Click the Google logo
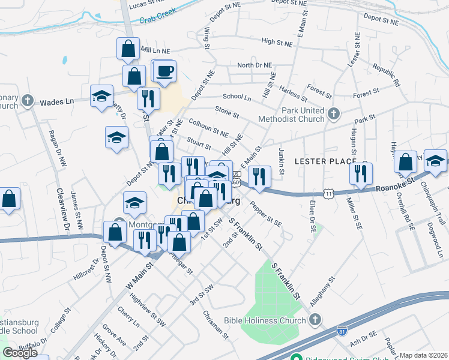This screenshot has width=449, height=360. (x=20, y=353)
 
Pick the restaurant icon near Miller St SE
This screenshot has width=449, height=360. (x=361, y=174)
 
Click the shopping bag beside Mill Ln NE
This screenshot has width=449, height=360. (x=128, y=49)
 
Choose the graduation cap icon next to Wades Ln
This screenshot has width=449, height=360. (x=101, y=96)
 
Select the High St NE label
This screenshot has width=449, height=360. (x=277, y=43)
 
